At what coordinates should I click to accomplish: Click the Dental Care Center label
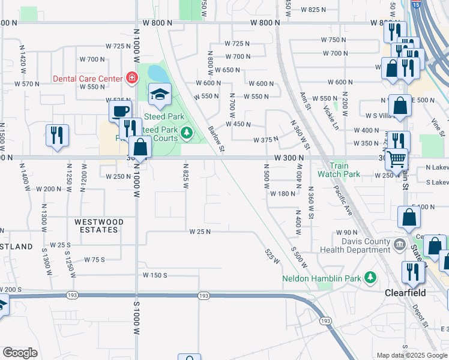(x=88, y=78)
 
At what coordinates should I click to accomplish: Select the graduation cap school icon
(x=160, y=94)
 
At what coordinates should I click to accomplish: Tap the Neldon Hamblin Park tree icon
(x=371, y=277)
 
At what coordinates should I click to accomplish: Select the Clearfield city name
(x=405, y=293)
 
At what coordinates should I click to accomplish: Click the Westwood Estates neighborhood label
(x=99, y=226)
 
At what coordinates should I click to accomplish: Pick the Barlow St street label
(x=216, y=138)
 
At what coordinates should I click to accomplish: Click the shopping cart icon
(x=396, y=159)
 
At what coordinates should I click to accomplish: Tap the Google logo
(x=20, y=353)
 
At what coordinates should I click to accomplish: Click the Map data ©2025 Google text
(x=412, y=355)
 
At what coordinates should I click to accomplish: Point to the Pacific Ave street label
(x=344, y=200)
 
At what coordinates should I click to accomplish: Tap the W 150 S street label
(x=155, y=275)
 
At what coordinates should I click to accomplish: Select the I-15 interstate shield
(x=417, y=5)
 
